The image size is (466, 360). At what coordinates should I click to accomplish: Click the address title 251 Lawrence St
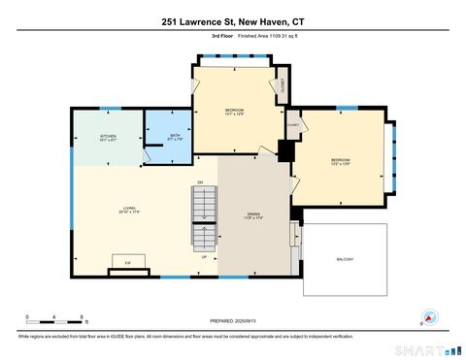[232, 21]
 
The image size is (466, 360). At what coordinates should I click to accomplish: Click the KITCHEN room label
[108, 138]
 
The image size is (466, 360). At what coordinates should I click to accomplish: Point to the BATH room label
[175, 138]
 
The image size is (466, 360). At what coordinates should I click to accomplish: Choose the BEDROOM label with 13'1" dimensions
[233, 112]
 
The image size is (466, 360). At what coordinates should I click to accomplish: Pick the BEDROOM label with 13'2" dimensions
[340, 161]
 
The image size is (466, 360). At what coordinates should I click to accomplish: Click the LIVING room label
[128, 211]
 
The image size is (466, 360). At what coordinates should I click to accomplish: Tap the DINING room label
[253, 215]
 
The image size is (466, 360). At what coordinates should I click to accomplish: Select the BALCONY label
[345, 259]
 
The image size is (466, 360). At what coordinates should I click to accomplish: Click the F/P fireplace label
[127, 263]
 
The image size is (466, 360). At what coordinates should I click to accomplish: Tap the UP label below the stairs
[204, 257]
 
